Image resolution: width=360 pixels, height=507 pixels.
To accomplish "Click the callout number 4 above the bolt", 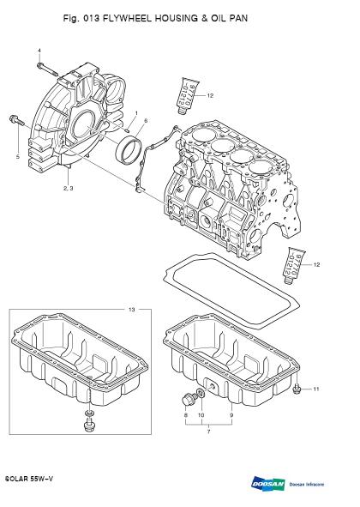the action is pos(39,51).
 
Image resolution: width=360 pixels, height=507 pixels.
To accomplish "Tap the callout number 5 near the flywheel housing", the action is pos(18,157).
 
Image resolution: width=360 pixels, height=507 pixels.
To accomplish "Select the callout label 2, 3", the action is pos(69,188).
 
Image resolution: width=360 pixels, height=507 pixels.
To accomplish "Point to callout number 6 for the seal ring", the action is pos(146,121).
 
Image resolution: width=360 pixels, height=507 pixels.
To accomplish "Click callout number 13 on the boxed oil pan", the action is pos(131,310).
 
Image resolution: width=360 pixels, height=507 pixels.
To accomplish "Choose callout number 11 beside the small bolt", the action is pos(316,389).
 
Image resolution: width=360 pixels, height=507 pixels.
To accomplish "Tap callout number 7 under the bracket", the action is pos(209,432).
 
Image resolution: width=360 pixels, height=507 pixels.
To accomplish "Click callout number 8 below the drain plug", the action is pos(186,415).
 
